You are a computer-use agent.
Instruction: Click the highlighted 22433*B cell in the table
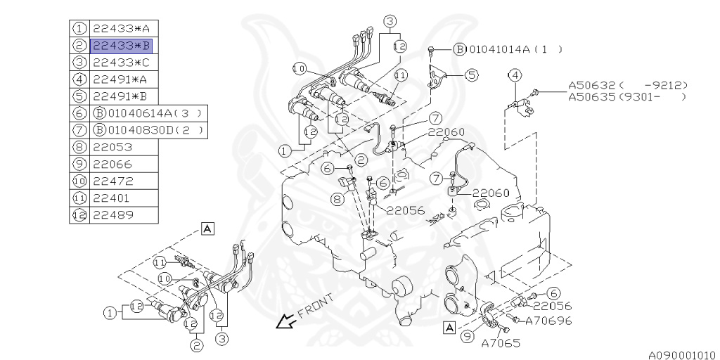[121, 46]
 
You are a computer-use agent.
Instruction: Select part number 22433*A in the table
[121, 28]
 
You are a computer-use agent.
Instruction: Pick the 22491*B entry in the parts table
[120, 96]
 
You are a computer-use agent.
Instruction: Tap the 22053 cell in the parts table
[112, 147]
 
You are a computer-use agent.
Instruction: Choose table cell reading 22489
[112, 215]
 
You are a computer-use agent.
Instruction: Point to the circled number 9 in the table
[79, 164]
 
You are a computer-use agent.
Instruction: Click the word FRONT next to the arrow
[316, 307]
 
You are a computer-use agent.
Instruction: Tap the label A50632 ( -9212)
[628, 85]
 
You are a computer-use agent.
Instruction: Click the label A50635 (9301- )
[627, 96]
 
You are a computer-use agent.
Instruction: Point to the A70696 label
[548, 321]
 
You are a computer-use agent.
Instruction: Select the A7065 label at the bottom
[501, 342]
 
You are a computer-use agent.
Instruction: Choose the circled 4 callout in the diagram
[515, 75]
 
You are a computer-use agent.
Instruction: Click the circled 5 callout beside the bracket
[472, 75]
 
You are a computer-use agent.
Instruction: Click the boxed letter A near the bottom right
[449, 328]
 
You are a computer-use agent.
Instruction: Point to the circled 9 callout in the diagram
[468, 337]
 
